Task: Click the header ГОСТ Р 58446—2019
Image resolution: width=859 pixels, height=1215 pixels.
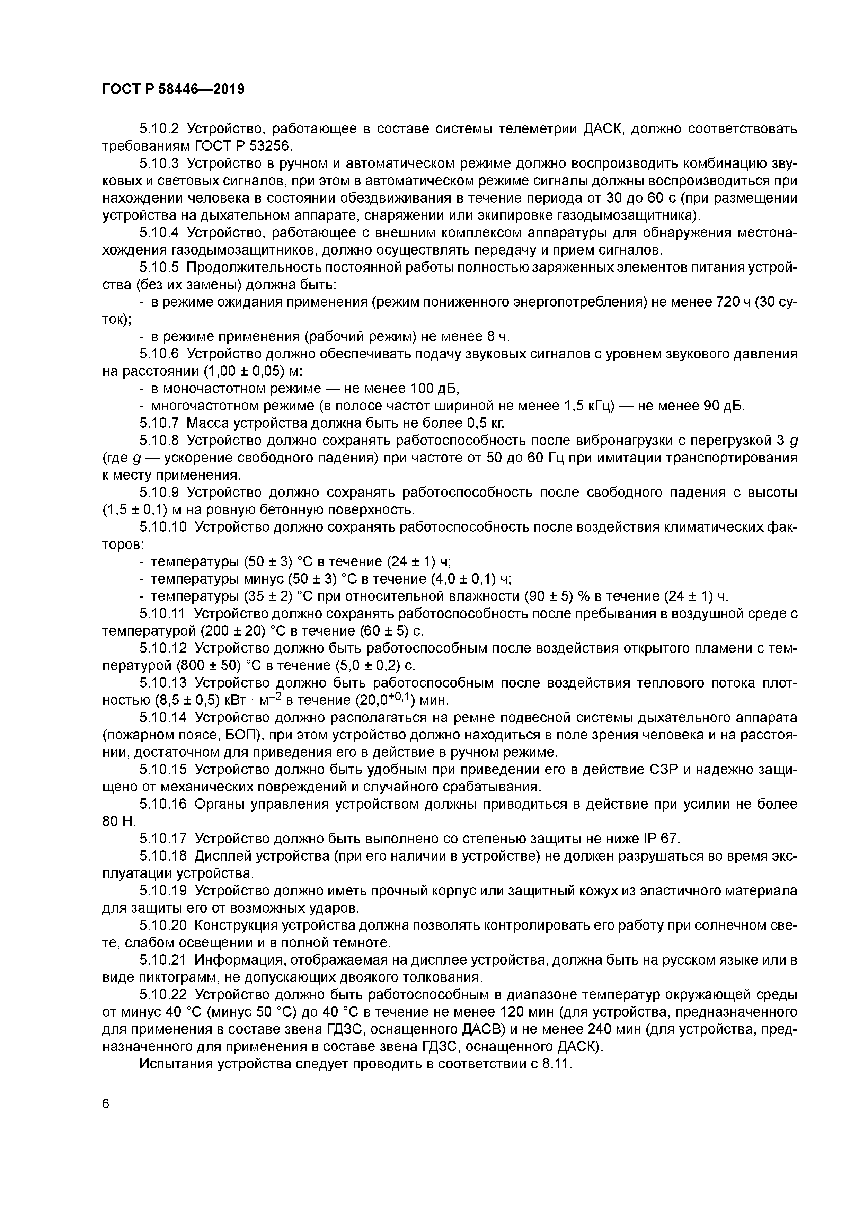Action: point(173,89)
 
